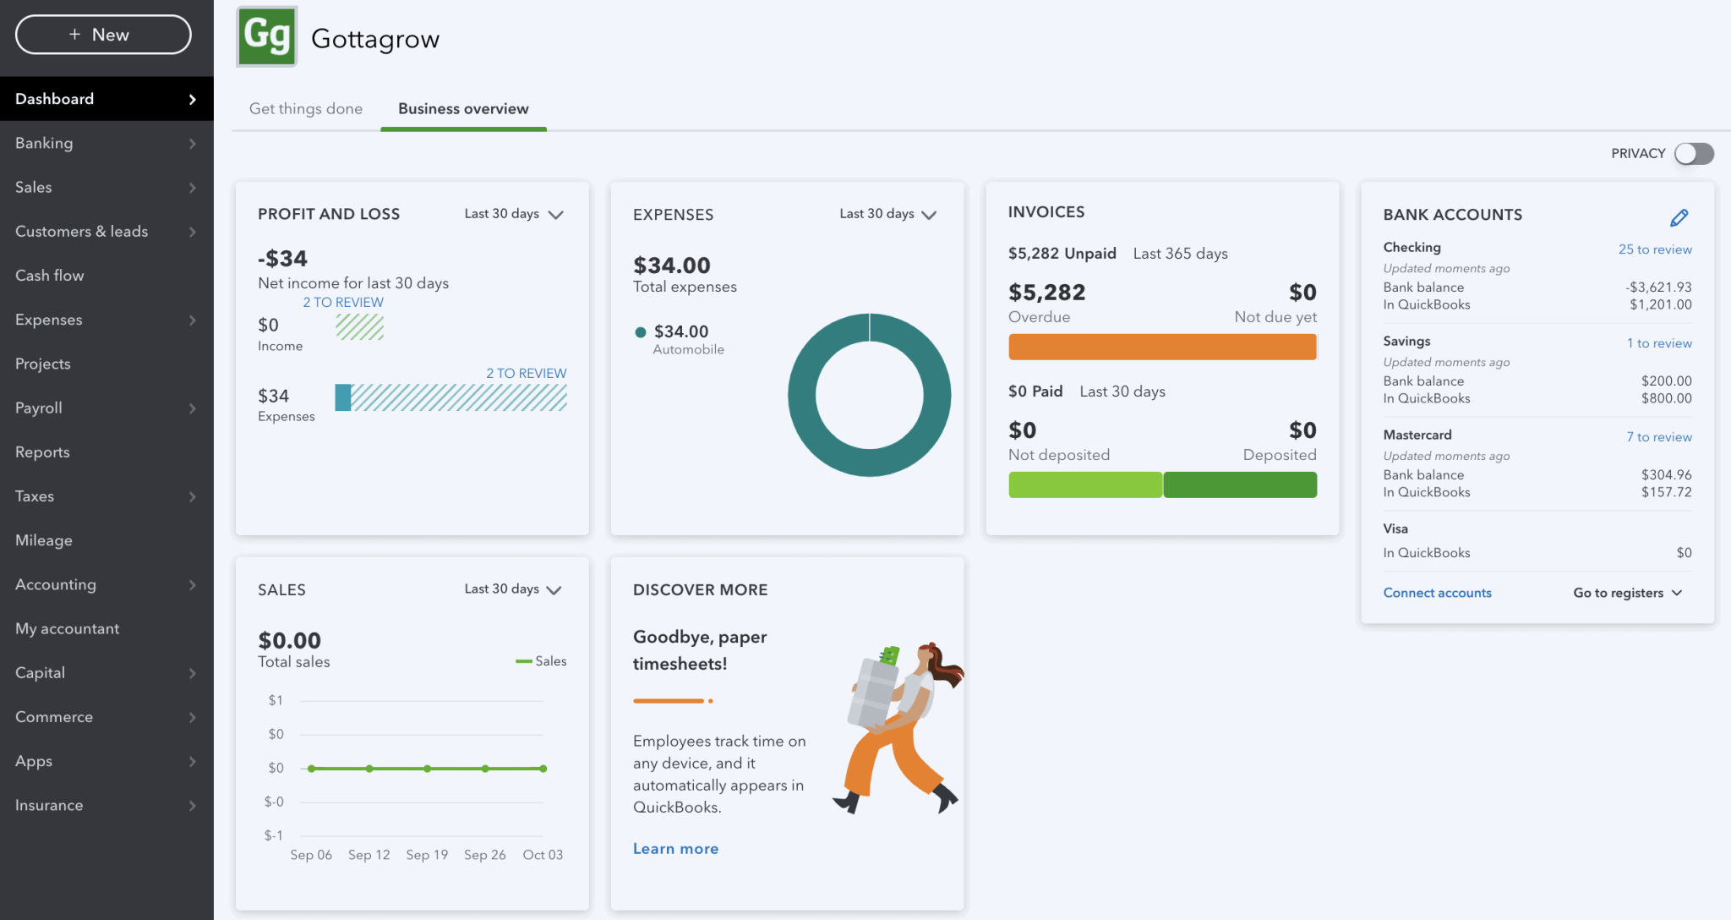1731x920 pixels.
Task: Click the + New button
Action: coord(103,35)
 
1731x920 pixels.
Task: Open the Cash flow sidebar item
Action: coord(50,276)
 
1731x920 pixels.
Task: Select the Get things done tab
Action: coord(305,109)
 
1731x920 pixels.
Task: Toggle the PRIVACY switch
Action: coord(1694,153)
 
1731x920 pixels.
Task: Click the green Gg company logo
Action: coord(267,37)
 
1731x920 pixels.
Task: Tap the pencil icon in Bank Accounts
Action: coord(1679,218)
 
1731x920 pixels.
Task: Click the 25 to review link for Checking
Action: coord(1654,249)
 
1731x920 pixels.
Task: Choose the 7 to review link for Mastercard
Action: coord(1658,437)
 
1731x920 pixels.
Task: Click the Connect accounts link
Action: coord(1437,593)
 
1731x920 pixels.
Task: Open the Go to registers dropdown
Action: coord(1627,593)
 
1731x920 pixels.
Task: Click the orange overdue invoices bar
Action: coord(1161,347)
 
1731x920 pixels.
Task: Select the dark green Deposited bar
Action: coord(1240,485)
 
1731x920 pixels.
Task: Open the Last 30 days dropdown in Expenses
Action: coord(887,214)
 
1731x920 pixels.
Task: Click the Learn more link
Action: coord(675,849)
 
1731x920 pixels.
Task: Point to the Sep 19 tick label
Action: coord(427,855)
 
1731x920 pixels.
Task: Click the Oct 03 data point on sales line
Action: coord(543,769)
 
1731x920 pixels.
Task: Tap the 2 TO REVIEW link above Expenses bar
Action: coord(526,373)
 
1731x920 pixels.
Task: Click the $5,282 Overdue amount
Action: coord(1046,293)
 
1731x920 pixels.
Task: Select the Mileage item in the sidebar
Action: coord(44,540)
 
